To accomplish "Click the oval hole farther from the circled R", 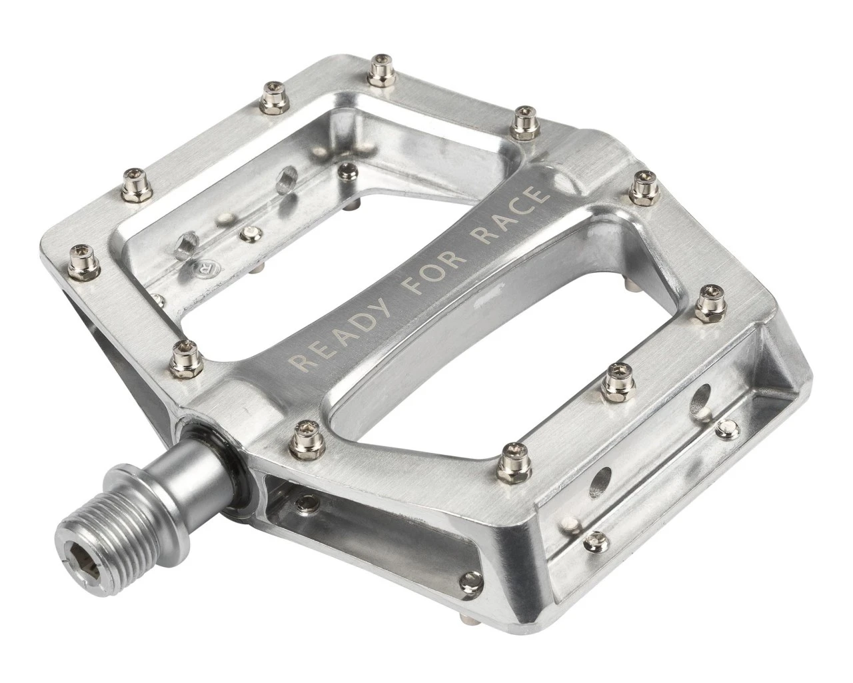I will pos(287,179).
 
